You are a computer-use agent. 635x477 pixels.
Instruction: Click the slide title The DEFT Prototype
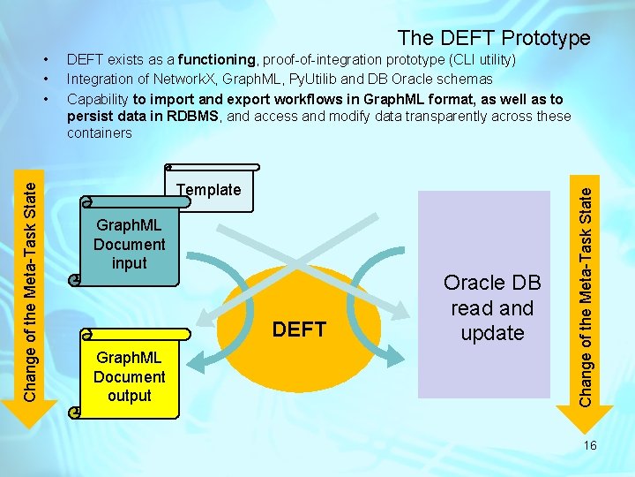click(x=493, y=38)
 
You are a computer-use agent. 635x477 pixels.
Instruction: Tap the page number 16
click(x=590, y=445)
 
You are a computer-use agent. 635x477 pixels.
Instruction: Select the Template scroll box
click(x=211, y=190)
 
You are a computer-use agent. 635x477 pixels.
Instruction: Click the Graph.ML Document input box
click(x=129, y=246)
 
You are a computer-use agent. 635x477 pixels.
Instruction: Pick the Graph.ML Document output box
click(x=130, y=377)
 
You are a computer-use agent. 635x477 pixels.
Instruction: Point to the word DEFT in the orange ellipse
click(x=300, y=329)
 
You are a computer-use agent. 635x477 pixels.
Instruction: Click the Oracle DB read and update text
click(x=492, y=307)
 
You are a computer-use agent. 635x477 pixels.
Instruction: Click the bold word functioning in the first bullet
click(x=216, y=60)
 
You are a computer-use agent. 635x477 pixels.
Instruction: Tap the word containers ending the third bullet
click(x=99, y=133)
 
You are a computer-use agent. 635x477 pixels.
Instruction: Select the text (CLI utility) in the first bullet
click(x=473, y=60)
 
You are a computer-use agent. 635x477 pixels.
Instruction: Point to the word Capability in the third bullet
click(x=98, y=98)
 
